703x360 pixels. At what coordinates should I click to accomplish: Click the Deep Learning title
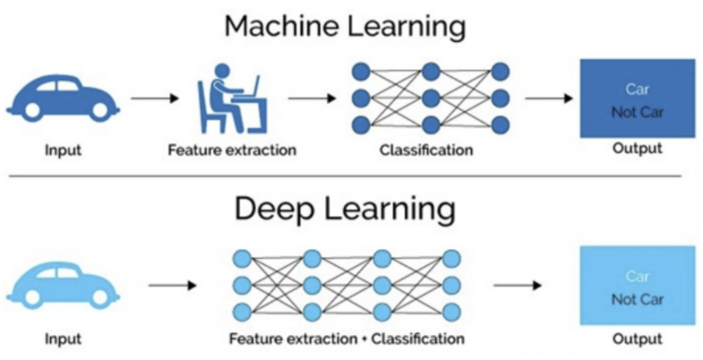[x=345, y=210]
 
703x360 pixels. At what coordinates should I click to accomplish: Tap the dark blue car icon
[x=64, y=96]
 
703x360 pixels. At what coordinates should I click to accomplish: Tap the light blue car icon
[x=64, y=284]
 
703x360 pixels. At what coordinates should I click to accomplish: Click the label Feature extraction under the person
[x=231, y=150]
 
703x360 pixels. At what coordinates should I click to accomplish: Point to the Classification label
[x=425, y=150]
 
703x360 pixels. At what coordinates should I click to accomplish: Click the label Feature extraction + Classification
[x=346, y=339]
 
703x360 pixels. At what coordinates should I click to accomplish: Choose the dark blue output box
[x=637, y=98]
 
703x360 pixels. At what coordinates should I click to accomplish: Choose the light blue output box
[x=637, y=287]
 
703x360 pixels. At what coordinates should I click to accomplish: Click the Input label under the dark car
[x=64, y=150]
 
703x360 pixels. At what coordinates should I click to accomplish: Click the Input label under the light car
[x=64, y=339]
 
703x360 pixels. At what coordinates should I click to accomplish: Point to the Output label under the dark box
[x=637, y=148]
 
